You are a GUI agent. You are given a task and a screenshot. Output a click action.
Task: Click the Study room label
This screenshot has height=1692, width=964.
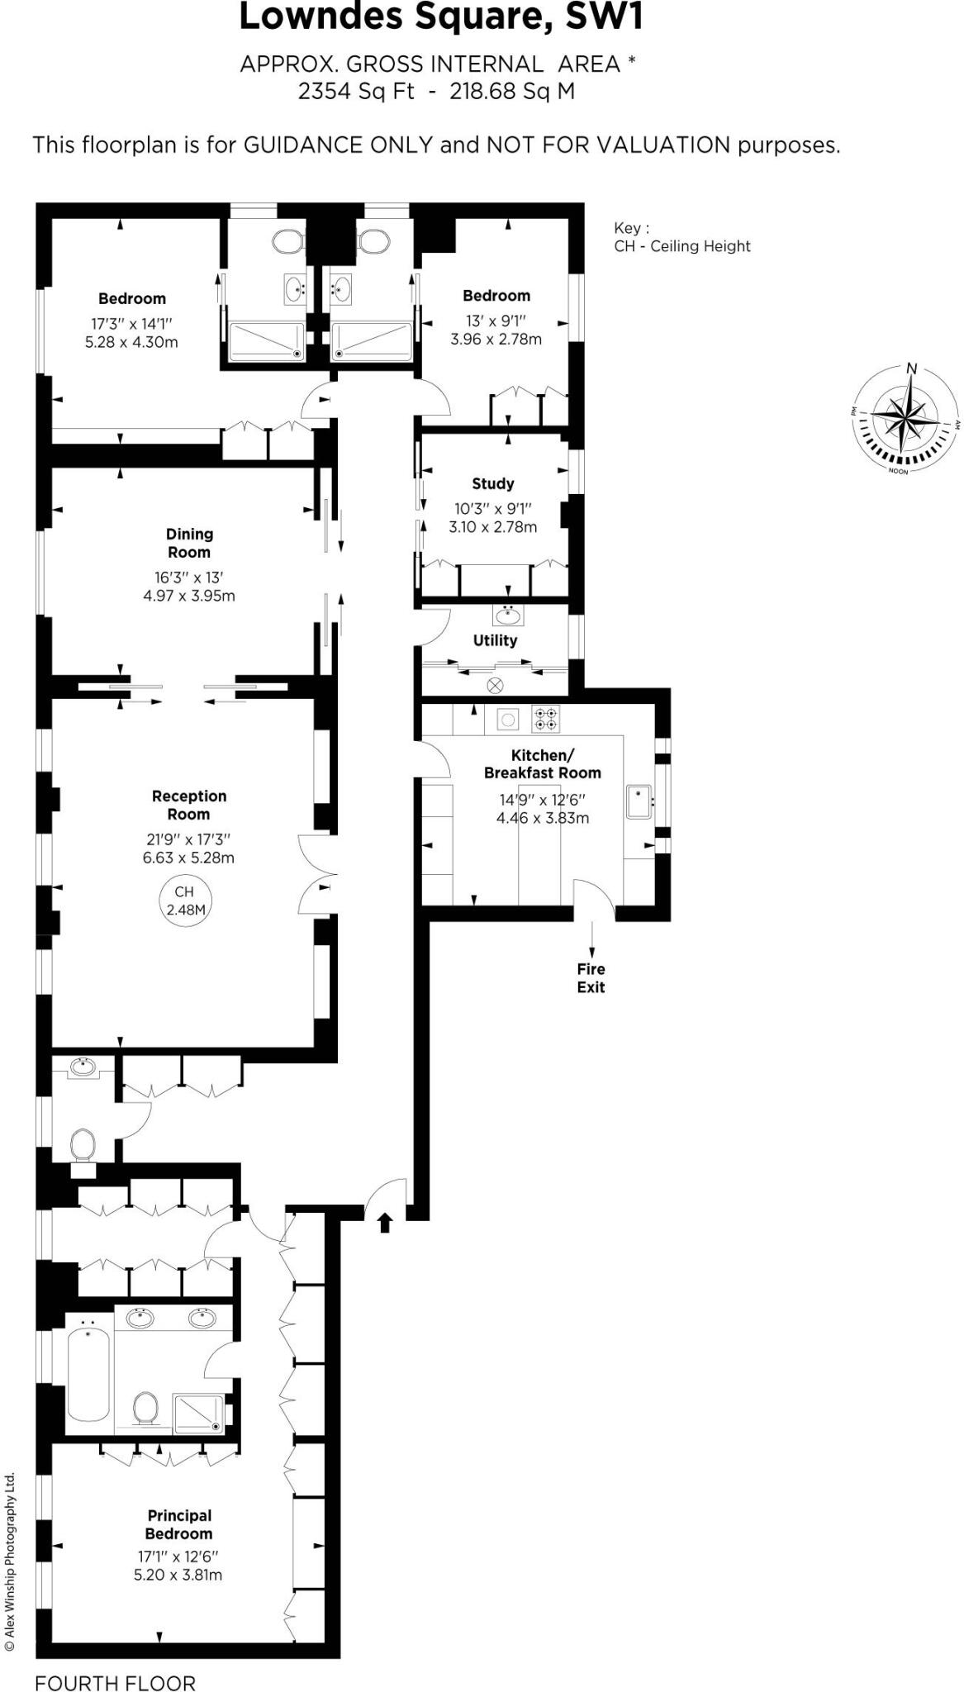coord(493,483)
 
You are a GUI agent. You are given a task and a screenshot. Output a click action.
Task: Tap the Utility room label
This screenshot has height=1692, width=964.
coord(495,640)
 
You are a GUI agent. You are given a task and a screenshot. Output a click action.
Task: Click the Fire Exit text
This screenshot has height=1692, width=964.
coord(591,978)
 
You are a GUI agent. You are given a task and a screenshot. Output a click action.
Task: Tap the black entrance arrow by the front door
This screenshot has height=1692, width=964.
coord(384,1222)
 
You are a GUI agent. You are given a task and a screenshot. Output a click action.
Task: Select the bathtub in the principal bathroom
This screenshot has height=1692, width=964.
coord(88,1372)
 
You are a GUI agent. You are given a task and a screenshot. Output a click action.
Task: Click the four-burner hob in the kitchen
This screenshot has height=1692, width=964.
coord(545,719)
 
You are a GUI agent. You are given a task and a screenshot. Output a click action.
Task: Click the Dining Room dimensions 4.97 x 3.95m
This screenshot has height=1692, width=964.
coord(189,596)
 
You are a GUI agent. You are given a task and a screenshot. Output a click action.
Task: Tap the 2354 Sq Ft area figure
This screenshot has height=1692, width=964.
coord(356,91)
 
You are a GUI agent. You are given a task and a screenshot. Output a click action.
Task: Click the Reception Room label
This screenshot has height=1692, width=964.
coord(189,805)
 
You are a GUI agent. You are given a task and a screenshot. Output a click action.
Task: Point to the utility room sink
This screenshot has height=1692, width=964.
coord(507,615)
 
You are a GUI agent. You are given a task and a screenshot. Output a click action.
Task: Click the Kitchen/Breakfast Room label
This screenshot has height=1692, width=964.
coord(542,764)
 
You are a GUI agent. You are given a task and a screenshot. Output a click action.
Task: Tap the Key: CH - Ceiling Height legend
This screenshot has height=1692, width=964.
coord(681,237)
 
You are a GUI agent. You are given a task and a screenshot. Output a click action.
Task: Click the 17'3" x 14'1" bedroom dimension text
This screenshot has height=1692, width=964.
coord(131,324)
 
